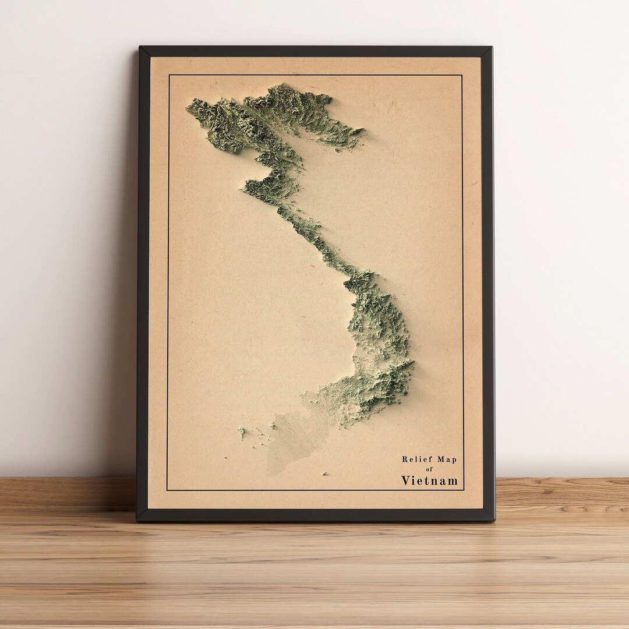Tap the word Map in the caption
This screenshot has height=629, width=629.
click(446, 460)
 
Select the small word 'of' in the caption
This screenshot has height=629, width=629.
click(430, 469)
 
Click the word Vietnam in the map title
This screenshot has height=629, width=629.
click(429, 480)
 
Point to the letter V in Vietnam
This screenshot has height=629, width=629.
click(405, 480)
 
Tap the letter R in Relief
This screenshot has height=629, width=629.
click(405, 460)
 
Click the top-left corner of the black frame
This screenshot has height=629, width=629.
click(139, 47)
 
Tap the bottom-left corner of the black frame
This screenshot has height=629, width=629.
click(137, 520)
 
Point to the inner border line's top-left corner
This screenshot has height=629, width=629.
click(168, 75)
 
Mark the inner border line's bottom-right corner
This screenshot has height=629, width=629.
click(464, 490)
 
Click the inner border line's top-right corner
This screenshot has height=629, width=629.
click(462, 75)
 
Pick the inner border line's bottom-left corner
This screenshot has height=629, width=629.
click(167, 490)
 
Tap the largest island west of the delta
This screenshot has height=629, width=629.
click(241, 432)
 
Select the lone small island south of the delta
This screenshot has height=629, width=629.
click(324, 474)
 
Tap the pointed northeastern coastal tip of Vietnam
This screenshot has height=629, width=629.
click(363, 130)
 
